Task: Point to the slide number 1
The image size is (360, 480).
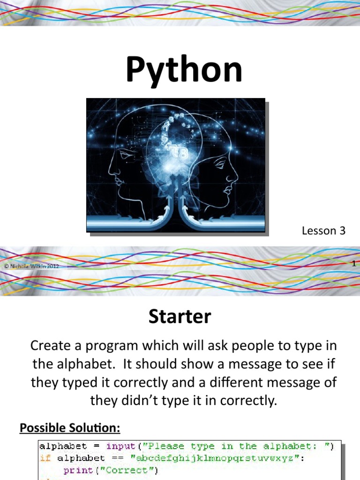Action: tap(354, 264)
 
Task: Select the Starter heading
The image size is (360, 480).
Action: tap(180, 317)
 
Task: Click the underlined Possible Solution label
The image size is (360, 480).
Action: tap(70, 427)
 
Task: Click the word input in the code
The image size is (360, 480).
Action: tap(120, 446)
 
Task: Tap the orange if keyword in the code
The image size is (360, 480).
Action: tap(45, 458)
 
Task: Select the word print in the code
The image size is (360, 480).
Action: tap(78, 470)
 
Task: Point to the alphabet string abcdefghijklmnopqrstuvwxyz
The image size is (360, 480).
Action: tap(210, 458)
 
